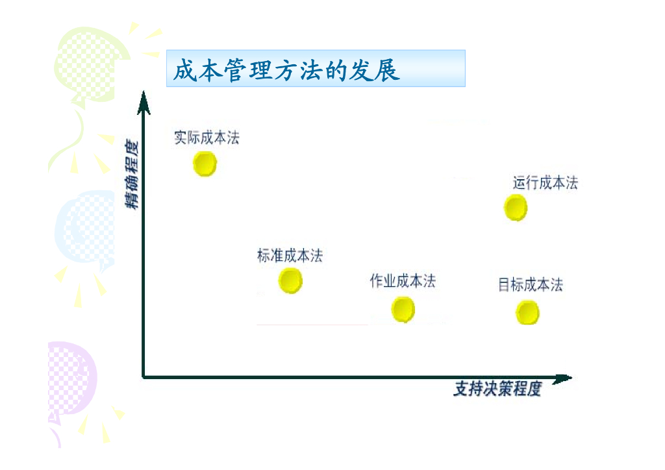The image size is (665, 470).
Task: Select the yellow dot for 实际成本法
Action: click(205, 164)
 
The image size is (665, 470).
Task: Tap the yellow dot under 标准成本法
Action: click(290, 281)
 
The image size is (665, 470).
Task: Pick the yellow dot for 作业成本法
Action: click(403, 309)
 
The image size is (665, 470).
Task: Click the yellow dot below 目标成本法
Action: click(527, 313)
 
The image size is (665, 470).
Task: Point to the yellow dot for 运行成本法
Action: click(516, 208)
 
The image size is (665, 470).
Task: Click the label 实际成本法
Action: click(207, 138)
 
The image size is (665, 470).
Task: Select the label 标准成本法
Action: click(290, 256)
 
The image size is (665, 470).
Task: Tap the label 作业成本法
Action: click(403, 281)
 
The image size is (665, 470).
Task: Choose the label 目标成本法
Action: click(531, 284)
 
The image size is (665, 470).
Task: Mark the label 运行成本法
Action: click(545, 183)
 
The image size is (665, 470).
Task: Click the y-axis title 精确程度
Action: click(132, 174)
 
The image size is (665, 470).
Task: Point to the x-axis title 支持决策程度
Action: click(497, 390)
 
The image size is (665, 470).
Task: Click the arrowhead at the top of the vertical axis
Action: click(144, 102)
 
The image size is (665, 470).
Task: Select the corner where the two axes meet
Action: click(144, 377)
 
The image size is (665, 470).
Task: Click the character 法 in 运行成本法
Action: click(571, 183)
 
